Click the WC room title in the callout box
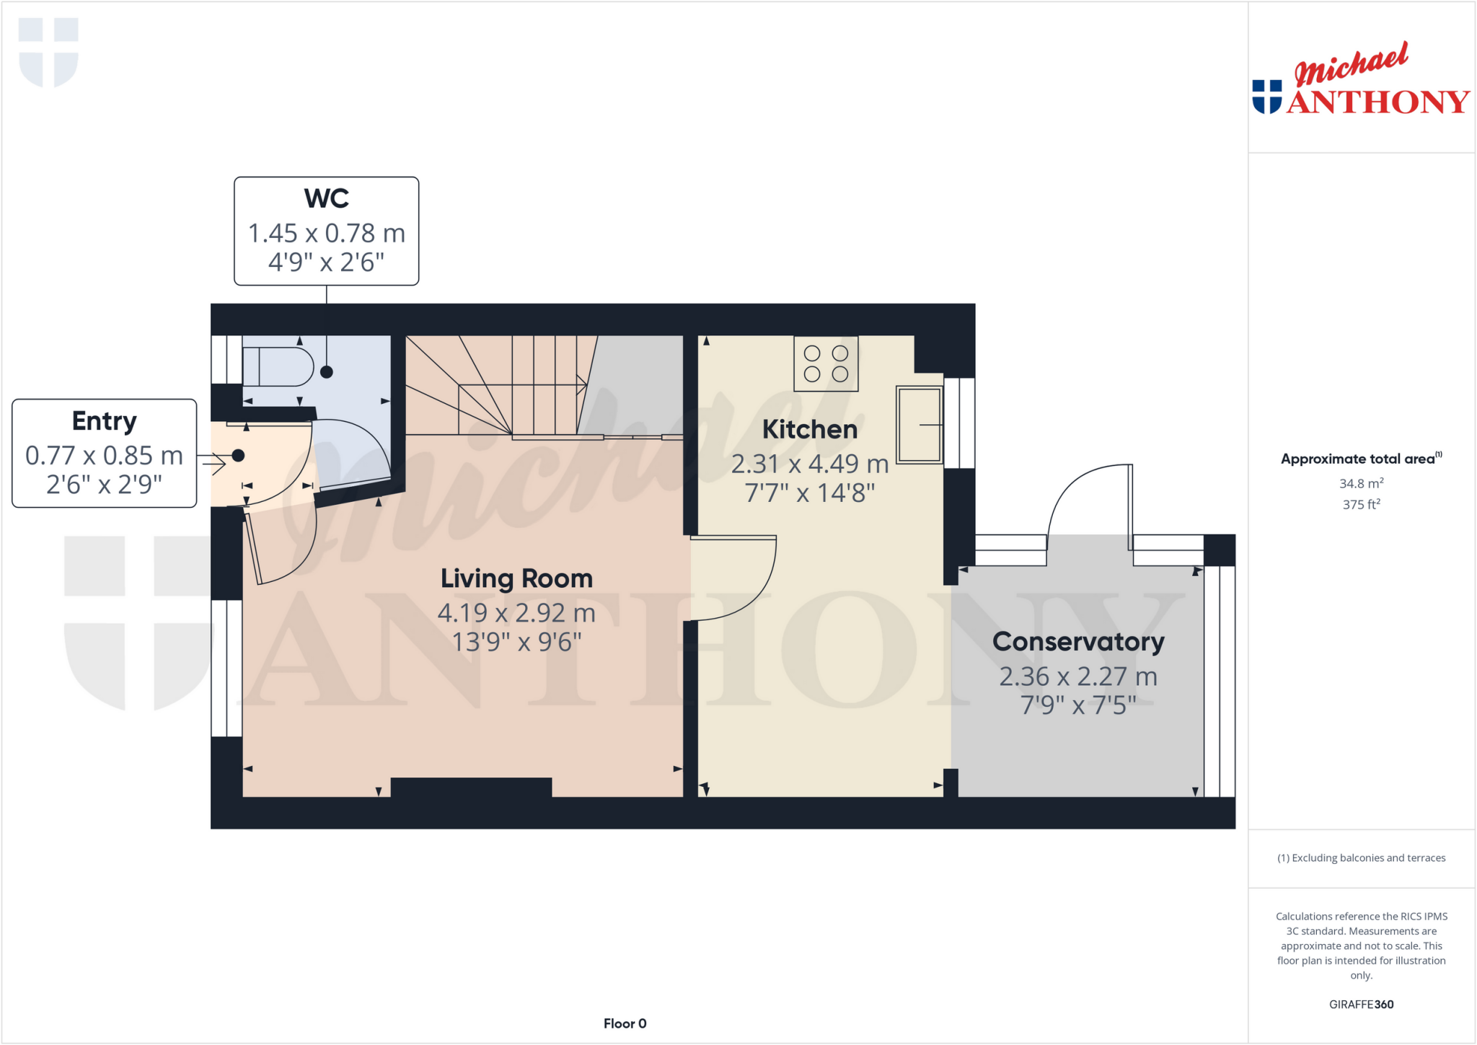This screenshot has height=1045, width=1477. click(x=326, y=198)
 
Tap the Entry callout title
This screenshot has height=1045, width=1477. click(x=104, y=420)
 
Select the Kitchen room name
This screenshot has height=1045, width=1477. click(x=810, y=429)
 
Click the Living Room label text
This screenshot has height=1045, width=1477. click(x=516, y=578)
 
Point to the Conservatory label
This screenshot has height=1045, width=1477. click(x=1078, y=641)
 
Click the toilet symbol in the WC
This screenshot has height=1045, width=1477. click(x=278, y=366)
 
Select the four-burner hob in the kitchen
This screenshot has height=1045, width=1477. click(x=826, y=363)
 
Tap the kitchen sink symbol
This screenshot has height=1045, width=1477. click(x=919, y=425)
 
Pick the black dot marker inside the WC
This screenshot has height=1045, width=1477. click(x=327, y=372)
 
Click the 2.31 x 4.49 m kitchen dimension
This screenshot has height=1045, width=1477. click(x=809, y=464)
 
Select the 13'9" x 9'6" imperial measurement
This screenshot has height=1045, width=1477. click(x=516, y=642)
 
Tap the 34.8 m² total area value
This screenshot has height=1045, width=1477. click(x=1361, y=483)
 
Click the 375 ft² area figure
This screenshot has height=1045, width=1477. click(x=1361, y=505)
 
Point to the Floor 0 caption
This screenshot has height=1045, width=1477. click(x=625, y=1023)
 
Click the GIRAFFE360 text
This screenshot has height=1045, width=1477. click(x=1361, y=1004)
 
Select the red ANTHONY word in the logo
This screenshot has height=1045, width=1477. click(x=1377, y=102)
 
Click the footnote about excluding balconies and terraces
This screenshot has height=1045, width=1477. click(x=1361, y=857)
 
